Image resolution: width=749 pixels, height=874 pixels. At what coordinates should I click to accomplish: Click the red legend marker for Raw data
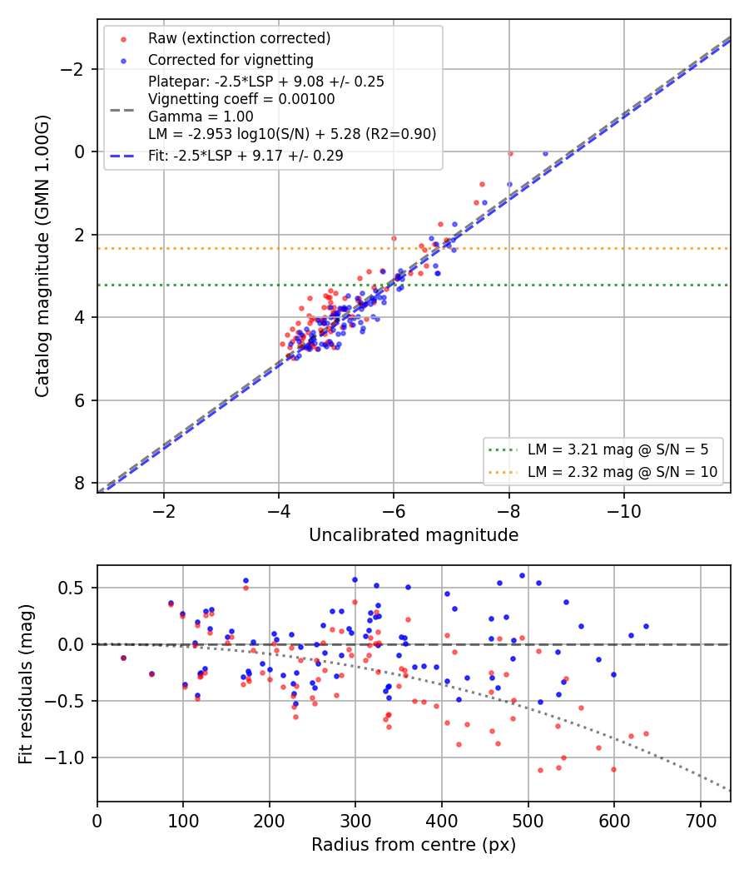click(x=124, y=39)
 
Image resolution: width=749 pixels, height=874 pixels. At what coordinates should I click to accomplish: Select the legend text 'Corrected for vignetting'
click(x=231, y=60)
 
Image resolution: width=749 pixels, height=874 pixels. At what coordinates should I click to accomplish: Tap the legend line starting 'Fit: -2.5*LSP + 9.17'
click(x=246, y=156)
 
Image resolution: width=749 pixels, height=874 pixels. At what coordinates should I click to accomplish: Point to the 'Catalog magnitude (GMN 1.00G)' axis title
click(x=42, y=256)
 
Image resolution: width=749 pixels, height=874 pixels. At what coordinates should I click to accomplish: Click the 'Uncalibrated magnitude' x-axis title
click(x=414, y=535)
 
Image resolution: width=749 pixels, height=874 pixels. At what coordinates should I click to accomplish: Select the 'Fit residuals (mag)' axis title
click(x=26, y=684)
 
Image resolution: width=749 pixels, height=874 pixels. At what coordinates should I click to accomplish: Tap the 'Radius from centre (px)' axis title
click(x=414, y=845)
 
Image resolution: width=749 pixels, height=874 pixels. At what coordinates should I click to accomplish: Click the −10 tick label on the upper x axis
click(x=623, y=511)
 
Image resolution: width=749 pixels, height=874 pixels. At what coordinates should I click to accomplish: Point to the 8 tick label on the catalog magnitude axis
click(x=80, y=484)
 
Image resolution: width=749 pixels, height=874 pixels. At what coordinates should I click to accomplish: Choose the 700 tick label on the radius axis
click(x=701, y=821)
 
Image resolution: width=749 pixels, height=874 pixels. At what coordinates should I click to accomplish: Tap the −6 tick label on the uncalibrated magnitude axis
click(x=394, y=511)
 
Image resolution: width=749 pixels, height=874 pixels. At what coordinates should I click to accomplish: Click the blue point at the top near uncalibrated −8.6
click(x=545, y=154)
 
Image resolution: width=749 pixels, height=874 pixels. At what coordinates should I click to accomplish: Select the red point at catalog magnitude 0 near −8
click(x=510, y=154)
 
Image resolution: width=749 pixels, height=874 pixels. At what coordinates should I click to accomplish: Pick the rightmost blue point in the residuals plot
click(x=646, y=627)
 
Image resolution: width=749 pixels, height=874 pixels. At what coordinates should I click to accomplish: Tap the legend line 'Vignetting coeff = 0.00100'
click(x=241, y=99)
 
